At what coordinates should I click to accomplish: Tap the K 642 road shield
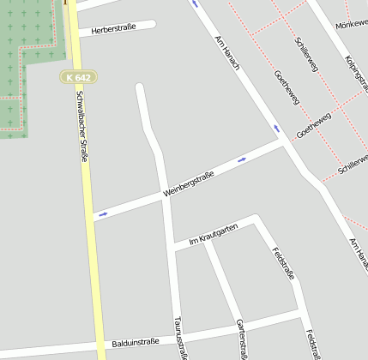77,77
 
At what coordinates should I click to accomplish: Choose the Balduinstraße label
136,343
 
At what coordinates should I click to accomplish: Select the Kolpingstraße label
355,73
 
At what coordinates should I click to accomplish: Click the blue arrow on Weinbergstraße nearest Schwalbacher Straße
103,214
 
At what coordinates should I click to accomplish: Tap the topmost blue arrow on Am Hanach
195,3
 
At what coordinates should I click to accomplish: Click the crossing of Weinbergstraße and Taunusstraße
164,195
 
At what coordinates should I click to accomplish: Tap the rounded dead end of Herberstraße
151,25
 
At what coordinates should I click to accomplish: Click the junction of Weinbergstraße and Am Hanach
283,143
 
